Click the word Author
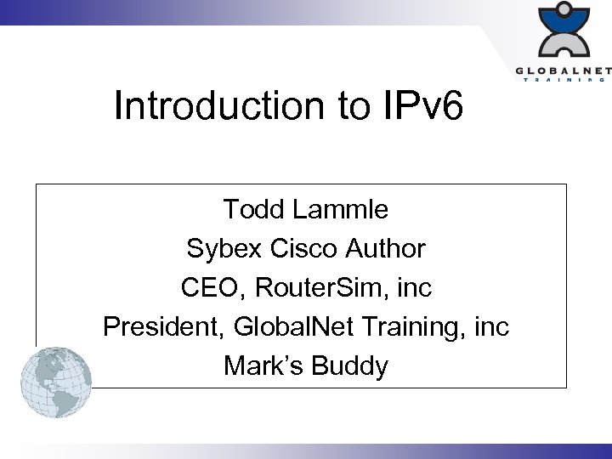point(386,248)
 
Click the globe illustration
point(56,382)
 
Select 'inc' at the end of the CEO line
point(414,288)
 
